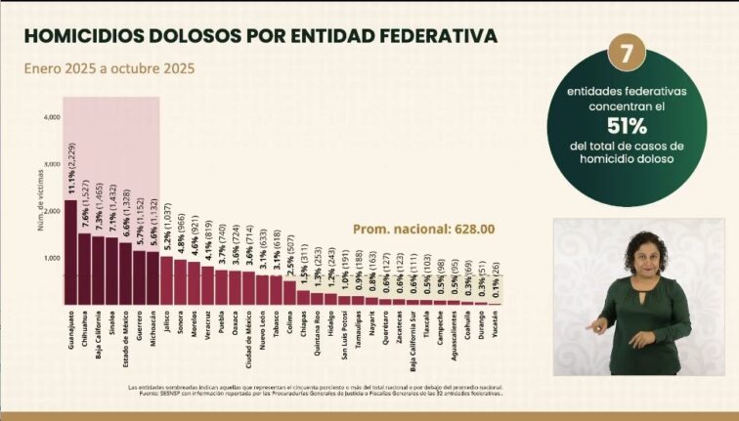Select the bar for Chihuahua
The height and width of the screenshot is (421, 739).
(84, 269)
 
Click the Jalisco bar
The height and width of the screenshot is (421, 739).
(166, 280)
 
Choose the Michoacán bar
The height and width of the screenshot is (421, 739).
(152, 278)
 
